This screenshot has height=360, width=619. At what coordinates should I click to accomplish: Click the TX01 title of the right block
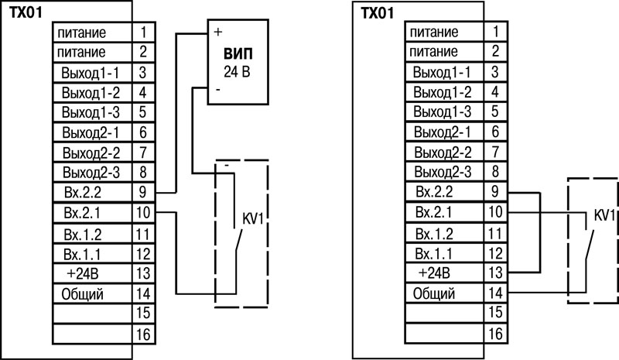coord(377,13)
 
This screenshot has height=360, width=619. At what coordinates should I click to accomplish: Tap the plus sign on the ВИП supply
coord(218,33)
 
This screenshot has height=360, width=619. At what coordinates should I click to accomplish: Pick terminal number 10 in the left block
coord(143,211)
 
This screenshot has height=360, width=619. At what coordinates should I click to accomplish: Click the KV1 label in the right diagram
coord(604,214)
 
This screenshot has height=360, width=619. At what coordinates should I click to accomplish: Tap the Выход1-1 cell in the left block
coord(92,72)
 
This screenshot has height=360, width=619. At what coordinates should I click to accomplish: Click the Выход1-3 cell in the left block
coord(92,111)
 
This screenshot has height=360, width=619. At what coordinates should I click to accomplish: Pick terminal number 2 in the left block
coord(143,52)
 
